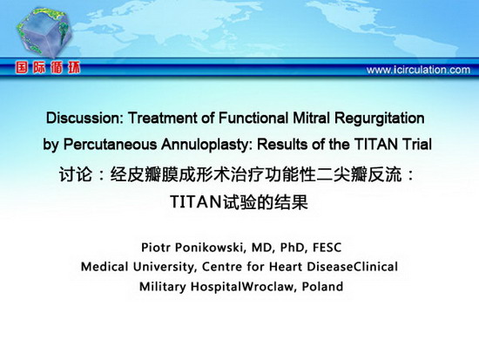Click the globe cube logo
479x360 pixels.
tap(44, 31)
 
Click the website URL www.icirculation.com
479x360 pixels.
tap(418, 70)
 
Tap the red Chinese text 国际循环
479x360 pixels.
tap(48, 67)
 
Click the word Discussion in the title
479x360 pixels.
tap(84, 118)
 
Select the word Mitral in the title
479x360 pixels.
tap(312, 118)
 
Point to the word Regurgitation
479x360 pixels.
tap(380, 119)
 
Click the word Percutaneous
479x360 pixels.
tap(110, 145)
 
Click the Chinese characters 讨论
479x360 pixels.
tap(76, 174)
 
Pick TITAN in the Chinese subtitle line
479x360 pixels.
tap(196, 201)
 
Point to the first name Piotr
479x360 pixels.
tap(159, 248)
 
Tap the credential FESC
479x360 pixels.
tap(327, 248)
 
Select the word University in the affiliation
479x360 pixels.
tap(164, 267)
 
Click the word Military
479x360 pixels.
tap(163, 287)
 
